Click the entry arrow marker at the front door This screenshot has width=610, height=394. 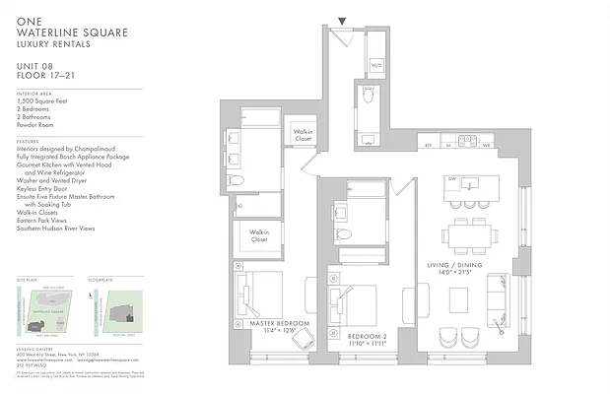[342, 21]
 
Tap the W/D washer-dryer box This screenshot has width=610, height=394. [376, 66]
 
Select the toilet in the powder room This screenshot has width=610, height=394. [366, 97]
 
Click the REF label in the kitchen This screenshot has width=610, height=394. [428, 145]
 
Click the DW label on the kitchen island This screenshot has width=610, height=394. [451, 179]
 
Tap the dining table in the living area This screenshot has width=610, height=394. [468, 235]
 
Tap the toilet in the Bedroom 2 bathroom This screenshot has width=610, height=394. [342, 234]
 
